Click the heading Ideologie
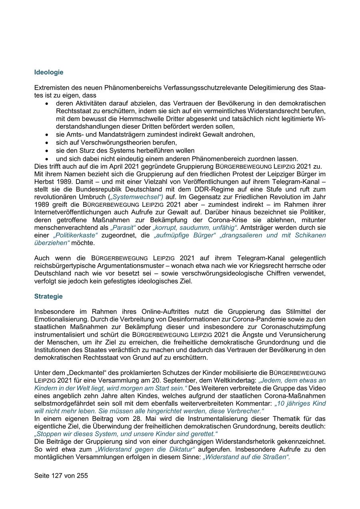click(x=49, y=72)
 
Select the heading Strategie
click(x=48, y=296)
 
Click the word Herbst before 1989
click(x=44, y=182)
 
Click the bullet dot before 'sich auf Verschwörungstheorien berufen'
click(x=47, y=143)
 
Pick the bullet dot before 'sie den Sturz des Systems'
click(x=47, y=151)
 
